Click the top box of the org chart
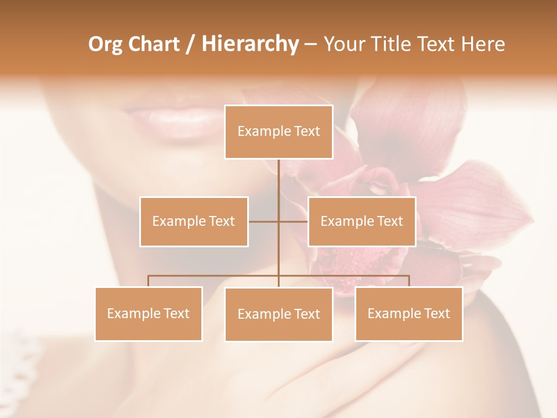point(278,132)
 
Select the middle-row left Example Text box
point(194,221)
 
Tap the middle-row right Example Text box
point(361,221)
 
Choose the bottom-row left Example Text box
point(148,313)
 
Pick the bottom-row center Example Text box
point(278,314)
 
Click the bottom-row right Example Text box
point(408,313)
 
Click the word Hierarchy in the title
point(249,44)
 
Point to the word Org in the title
point(105,44)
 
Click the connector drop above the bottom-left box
point(148,281)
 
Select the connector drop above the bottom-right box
point(408,281)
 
